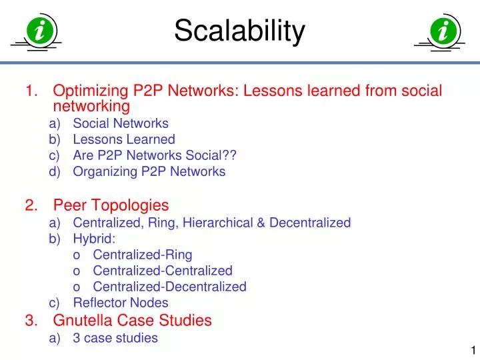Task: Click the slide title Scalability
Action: (x=239, y=31)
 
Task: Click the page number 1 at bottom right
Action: (x=473, y=351)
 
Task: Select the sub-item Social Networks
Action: (x=120, y=123)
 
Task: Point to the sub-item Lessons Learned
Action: (x=123, y=139)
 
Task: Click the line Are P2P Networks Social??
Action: (x=155, y=155)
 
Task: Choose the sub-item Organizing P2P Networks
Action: (x=149, y=171)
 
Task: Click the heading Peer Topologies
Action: (x=111, y=205)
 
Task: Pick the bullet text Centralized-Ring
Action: (x=142, y=255)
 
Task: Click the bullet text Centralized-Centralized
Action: (x=162, y=271)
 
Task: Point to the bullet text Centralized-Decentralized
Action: (x=169, y=287)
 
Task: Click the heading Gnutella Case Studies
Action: (x=132, y=321)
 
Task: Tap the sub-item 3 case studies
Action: (x=115, y=337)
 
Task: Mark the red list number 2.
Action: (x=31, y=205)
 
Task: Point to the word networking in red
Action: (x=91, y=106)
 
